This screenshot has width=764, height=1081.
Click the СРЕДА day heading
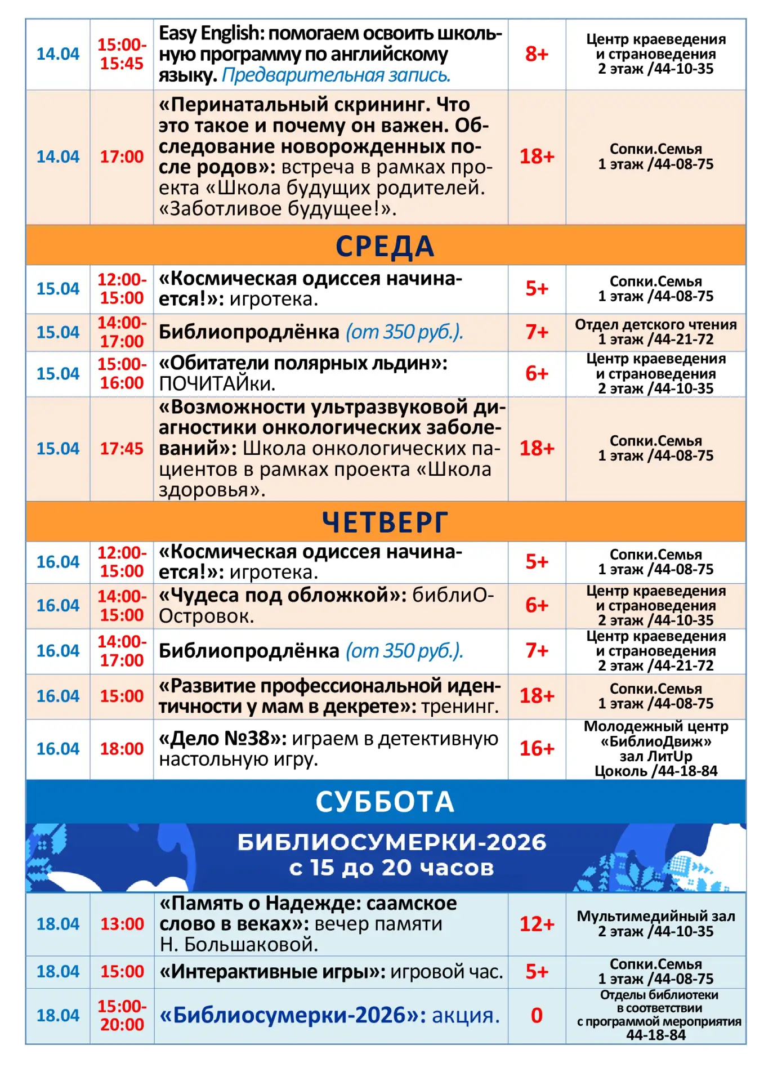(x=385, y=246)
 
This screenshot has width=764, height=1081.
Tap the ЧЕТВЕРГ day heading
(x=385, y=522)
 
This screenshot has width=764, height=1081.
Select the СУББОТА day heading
(x=385, y=802)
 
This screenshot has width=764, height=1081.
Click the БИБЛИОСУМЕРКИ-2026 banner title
(x=392, y=842)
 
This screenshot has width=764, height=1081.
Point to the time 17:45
(x=122, y=449)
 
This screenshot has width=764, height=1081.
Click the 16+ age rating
(x=537, y=749)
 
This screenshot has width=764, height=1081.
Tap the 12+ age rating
(x=537, y=924)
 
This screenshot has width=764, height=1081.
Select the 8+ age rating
(x=537, y=54)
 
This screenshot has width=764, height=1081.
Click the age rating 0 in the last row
(x=537, y=1016)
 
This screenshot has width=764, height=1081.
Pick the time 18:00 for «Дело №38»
(x=122, y=749)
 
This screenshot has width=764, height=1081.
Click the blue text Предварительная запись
(x=336, y=75)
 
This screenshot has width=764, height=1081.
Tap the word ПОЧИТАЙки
(x=217, y=384)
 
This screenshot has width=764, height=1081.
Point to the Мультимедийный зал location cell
(x=656, y=924)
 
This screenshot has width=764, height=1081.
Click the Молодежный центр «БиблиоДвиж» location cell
(x=656, y=749)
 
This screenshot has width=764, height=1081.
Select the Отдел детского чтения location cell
(x=656, y=332)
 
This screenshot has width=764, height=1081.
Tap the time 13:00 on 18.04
(x=122, y=924)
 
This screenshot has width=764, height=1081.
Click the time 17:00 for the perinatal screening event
(x=122, y=157)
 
